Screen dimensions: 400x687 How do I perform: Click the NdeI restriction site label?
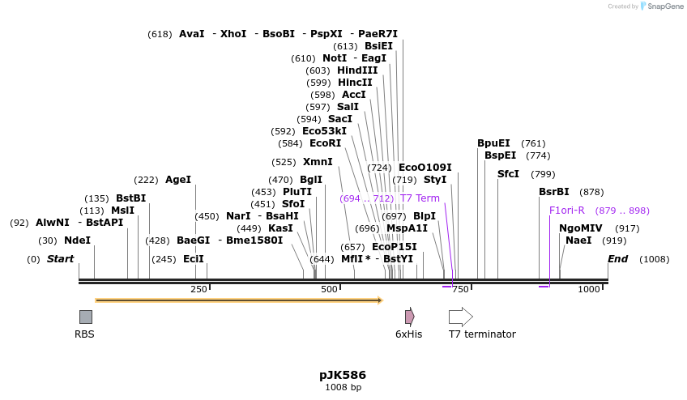(x=77, y=240)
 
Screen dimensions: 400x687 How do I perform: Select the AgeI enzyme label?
(x=178, y=180)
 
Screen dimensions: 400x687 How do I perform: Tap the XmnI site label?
(x=318, y=162)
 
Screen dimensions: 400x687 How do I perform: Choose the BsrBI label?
(x=554, y=192)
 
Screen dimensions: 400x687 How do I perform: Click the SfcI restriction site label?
(x=508, y=174)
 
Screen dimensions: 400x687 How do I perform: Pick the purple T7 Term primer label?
(x=420, y=198)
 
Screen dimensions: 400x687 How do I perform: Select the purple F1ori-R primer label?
(x=567, y=211)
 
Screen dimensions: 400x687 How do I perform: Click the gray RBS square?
(x=85, y=317)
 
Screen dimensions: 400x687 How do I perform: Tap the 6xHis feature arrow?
(x=409, y=317)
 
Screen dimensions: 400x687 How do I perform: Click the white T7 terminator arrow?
(x=460, y=317)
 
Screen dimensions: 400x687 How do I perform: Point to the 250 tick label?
(x=198, y=289)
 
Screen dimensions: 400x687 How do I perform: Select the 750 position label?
(x=460, y=289)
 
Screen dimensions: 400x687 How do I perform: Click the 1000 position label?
(x=590, y=289)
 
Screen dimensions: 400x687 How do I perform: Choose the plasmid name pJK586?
(x=343, y=375)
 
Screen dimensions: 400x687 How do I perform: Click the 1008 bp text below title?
(x=343, y=388)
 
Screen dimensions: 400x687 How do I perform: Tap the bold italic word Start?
(x=61, y=259)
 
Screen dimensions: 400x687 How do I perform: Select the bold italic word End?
(x=618, y=259)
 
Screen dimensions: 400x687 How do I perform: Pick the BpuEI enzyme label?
(x=493, y=143)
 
